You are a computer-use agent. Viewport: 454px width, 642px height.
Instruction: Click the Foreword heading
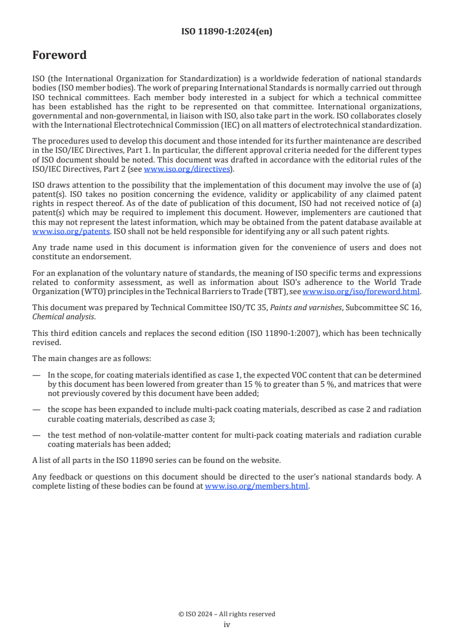pyautogui.click(x=60, y=55)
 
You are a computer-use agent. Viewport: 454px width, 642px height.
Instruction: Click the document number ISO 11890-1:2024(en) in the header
pyautogui.click(x=227, y=32)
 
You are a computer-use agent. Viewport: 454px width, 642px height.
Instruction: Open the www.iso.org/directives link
pyautogui.click(x=187, y=169)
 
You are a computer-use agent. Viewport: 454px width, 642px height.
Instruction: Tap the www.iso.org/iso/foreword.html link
pyautogui.click(x=361, y=292)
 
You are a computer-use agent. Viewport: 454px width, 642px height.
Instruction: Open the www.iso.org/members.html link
pyautogui.click(x=256, y=486)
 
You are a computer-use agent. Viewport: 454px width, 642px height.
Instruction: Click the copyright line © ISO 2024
pyautogui.click(x=227, y=614)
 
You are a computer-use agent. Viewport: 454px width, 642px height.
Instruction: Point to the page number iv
pyautogui.click(x=227, y=624)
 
